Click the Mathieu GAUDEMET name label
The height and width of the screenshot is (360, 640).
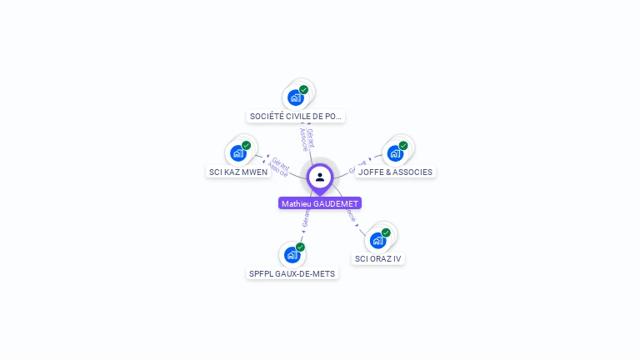[320, 203]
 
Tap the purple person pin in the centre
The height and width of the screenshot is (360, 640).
[320, 177]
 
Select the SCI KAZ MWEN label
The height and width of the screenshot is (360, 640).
[238, 172]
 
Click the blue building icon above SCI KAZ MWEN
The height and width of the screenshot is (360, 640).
[238, 153]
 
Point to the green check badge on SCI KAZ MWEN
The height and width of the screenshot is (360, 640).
[247, 145]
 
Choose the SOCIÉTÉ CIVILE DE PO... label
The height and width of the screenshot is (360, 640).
[296, 117]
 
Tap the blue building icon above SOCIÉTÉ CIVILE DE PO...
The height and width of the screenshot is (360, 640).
[296, 97]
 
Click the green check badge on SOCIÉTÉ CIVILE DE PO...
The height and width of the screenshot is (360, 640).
[304, 89]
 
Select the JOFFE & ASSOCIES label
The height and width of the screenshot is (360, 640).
[395, 172]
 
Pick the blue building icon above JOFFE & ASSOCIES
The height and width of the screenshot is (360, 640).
[395, 153]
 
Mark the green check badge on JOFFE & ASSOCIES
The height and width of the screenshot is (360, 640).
[403, 146]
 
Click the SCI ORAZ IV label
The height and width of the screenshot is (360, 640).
[377, 258]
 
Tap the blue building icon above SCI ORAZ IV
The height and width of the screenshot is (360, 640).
[377, 241]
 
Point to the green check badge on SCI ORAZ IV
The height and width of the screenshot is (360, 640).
[386, 232]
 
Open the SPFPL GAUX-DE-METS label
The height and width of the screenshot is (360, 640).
[292, 273]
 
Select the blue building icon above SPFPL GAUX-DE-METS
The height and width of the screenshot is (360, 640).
[292, 254]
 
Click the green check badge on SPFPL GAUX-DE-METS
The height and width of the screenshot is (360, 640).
[300, 247]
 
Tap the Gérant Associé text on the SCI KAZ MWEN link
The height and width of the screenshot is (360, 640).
[279, 167]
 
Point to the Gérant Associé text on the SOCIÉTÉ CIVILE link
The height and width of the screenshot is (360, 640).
[307, 139]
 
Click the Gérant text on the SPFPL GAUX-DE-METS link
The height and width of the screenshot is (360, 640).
[305, 219]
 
